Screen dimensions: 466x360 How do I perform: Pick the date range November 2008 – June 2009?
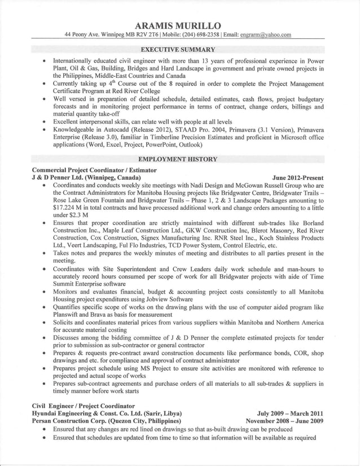285,421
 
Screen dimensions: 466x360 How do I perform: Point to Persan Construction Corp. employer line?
106,421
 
